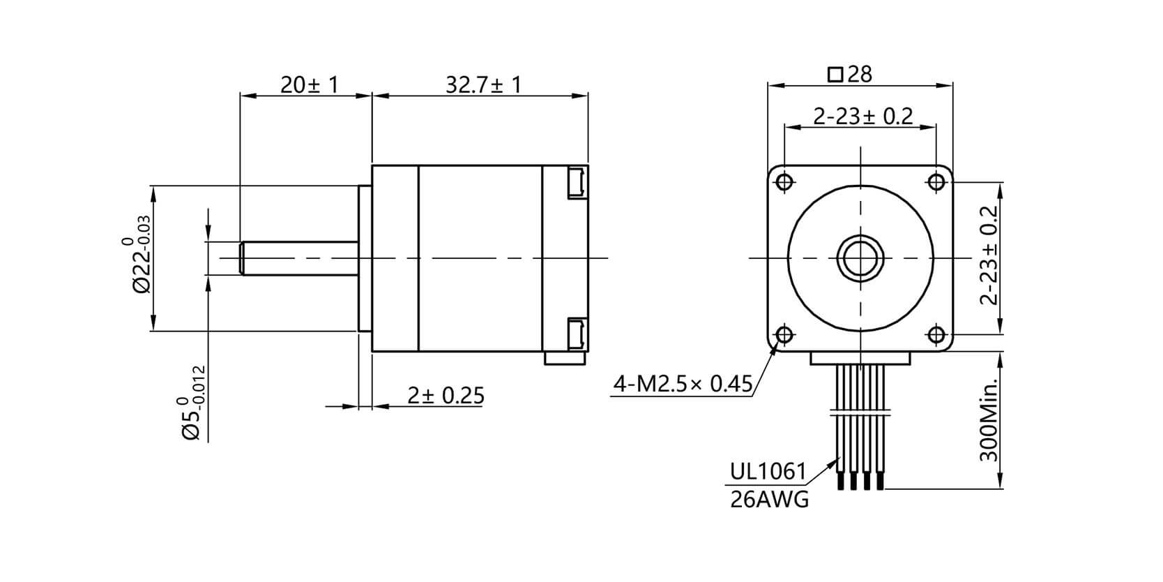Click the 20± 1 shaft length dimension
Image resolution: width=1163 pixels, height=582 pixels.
tap(309, 85)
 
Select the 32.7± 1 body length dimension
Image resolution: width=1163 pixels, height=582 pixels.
tap(483, 85)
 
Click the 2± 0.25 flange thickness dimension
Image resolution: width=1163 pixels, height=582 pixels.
tap(446, 396)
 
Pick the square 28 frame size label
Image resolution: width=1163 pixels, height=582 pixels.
tap(849, 74)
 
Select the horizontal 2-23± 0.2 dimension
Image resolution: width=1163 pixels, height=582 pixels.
tap(863, 116)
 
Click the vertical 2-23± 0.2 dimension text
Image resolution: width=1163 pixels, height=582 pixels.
tap(988, 255)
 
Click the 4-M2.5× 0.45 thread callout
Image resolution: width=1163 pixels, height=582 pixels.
tap(683, 383)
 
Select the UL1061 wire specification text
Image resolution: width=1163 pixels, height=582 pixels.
tap(768, 472)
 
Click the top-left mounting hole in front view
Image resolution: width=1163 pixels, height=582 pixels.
tap(784, 182)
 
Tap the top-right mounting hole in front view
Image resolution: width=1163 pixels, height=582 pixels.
tap(936, 182)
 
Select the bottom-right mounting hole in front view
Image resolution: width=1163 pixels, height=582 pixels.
tap(936, 336)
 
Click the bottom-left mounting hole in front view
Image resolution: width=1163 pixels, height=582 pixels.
tap(784, 336)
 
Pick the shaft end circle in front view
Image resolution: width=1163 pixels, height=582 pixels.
tap(860, 258)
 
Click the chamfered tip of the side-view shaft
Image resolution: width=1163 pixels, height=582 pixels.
tap(242, 258)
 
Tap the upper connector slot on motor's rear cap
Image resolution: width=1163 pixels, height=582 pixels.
tap(576, 183)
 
